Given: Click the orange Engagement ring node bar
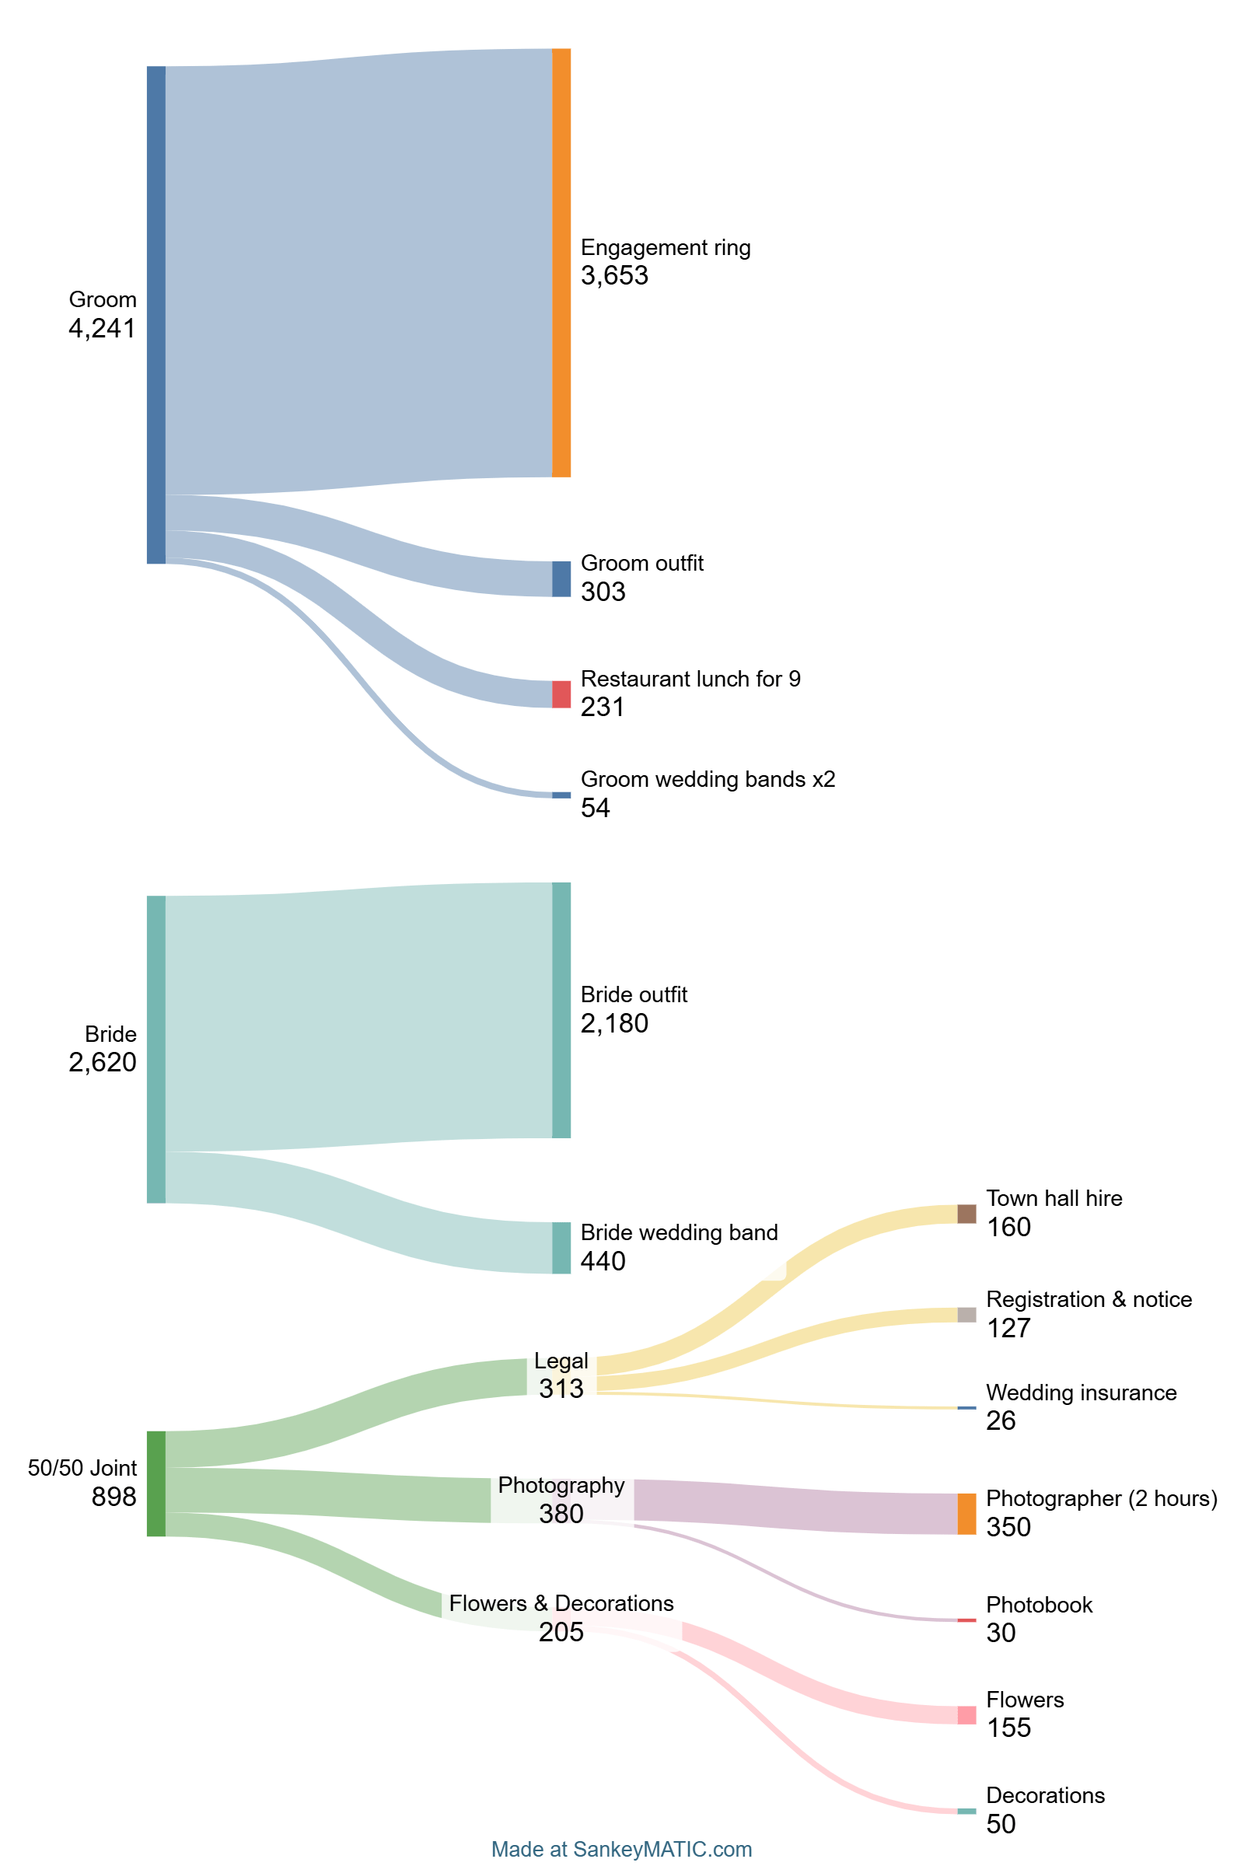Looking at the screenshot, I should [561, 263].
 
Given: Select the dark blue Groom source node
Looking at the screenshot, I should [156, 315].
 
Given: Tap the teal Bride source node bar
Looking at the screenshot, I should [156, 1049].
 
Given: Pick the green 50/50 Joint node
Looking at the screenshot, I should [156, 1483].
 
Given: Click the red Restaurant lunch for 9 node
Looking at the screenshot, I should [561, 694].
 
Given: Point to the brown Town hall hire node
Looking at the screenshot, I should [966, 1214].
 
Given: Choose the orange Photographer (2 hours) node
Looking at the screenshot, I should [966, 1514].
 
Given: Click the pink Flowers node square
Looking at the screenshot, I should [966, 1715].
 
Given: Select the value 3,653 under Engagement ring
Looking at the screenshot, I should [614, 276].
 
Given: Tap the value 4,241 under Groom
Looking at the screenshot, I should [103, 328].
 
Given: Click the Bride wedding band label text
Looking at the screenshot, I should [679, 1232].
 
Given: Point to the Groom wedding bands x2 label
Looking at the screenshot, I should [708, 779].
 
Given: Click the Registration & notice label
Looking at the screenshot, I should [1088, 1299].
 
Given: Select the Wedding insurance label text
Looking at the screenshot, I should [1081, 1393].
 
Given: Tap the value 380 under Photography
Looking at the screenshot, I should [561, 1514].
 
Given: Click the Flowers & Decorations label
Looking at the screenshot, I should [561, 1603].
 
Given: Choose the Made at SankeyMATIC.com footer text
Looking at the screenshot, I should [621, 1850].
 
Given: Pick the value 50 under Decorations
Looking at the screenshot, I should [1001, 1824].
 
